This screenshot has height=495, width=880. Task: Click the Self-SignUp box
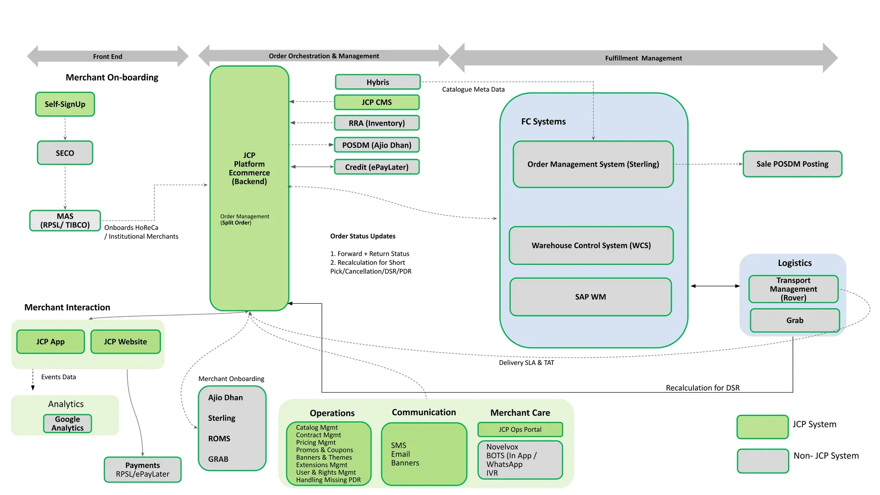pyautogui.click(x=65, y=104)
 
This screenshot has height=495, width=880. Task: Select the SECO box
pyautogui.click(x=65, y=153)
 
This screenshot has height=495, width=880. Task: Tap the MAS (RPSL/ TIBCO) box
pyautogui.click(x=65, y=220)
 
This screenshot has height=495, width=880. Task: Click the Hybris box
pyautogui.click(x=377, y=82)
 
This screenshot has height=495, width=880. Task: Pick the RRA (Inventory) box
pyautogui.click(x=377, y=123)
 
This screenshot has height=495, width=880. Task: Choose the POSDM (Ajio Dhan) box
pyautogui.click(x=377, y=145)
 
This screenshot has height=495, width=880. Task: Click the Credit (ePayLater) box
pyautogui.click(x=377, y=167)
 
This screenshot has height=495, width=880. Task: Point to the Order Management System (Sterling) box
pyautogui.click(x=593, y=164)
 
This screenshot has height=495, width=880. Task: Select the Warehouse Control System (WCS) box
pyautogui.click(x=591, y=245)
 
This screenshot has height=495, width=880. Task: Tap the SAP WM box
pyautogui.click(x=591, y=297)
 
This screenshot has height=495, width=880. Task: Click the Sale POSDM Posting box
pyautogui.click(x=792, y=164)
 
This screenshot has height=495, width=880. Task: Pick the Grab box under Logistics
pyautogui.click(x=794, y=320)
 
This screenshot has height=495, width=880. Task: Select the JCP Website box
pyautogui.click(x=126, y=342)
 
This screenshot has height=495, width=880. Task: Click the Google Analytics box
pyautogui.click(x=68, y=424)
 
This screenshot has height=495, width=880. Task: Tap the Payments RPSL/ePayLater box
pyautogui.click(x=143, y=470)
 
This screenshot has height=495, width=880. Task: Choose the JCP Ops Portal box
pyautogui.click(x=520, y=429)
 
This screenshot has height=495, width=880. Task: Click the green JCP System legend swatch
pyautogui.click(x=762, y=426)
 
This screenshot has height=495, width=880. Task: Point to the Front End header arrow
pyautogui.click(x=107, y=56)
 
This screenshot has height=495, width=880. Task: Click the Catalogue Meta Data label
pyautogui.click(x=473, y=89)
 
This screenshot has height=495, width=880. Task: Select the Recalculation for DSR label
pyautogui.click(x=702, y=388)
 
